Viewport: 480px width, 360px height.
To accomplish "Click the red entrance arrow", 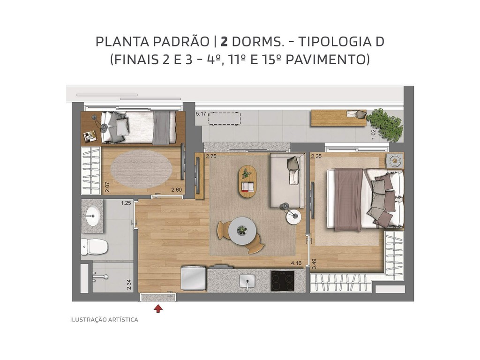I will coord(158,308).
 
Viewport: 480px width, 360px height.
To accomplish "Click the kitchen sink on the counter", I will coord(247,281).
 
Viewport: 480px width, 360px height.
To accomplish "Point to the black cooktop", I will coord(282,281).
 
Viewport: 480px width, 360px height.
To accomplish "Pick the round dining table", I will coord(242,230).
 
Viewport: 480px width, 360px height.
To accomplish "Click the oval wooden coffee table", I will coord(247,181).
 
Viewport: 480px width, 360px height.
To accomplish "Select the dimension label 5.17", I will coord(201,114).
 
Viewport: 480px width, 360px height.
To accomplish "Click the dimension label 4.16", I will coord(296,263).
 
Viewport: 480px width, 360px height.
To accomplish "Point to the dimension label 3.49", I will coord(314,263).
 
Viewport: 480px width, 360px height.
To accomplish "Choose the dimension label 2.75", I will coord(211,157).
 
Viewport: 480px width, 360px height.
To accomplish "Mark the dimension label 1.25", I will coord(126,203).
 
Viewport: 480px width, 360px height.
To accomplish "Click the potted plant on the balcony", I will coord(385,124).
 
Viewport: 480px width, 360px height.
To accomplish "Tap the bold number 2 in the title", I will coord(225,41).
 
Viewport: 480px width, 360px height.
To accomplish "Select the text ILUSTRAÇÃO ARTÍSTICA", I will coord(104,320).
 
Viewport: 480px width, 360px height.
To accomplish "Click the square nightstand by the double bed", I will coord(395,161).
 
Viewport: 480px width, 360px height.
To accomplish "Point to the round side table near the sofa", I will coord(293,217).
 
